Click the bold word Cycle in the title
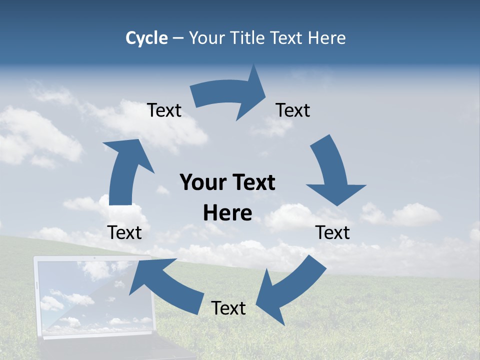[x=146, y=38]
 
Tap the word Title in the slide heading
[x=248, y=38]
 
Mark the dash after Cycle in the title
[x=177, y=38]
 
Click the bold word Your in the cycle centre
[x=203, y=182]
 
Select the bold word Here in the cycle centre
[x=227, y=213]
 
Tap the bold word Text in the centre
[x=252, y=182]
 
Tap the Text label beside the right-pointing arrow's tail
[x=164, y=110]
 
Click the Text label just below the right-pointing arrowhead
[x=293, y=110]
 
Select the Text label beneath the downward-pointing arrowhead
[x=332, y=232]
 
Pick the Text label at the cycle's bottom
[x=228, y=308]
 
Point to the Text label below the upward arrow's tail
[x=124, y=232]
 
